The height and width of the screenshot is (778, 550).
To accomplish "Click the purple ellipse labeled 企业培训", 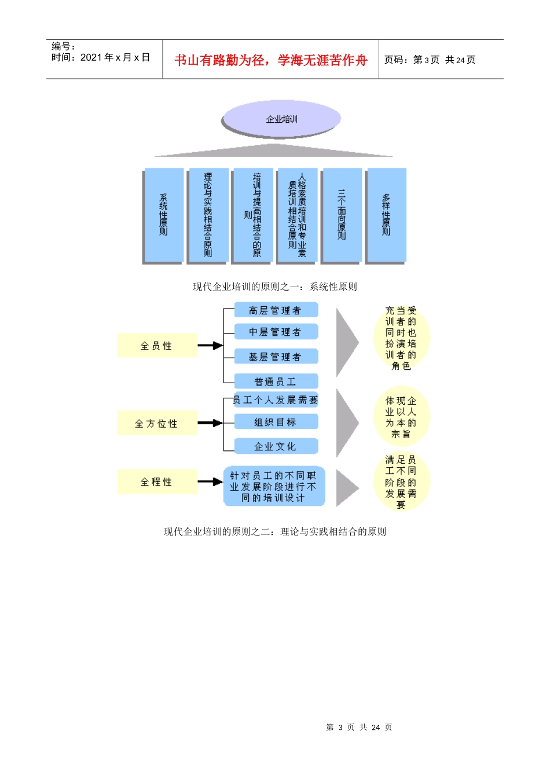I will (281, 119).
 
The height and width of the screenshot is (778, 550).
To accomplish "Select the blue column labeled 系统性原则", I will (163, 215).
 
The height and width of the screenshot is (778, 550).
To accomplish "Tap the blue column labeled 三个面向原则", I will (342, 215).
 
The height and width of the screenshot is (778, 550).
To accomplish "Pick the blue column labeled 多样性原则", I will (386, 215).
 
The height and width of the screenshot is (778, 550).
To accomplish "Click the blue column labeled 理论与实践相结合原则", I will (208, 215).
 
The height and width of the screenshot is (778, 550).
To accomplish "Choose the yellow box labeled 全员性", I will (157, 346).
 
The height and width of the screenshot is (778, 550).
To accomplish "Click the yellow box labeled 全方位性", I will (157, 423).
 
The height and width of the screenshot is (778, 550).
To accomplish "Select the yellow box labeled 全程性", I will (157, 482).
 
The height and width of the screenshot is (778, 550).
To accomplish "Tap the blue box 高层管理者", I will (276, 310).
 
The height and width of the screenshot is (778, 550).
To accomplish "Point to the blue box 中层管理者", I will (276, 332).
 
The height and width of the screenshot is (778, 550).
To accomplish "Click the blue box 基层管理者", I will (276, 357).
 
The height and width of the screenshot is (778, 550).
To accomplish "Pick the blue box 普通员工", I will (276, 381).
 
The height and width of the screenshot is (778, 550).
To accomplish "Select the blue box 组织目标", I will (276, 422).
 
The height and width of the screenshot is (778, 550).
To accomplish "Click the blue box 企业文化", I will (276, 446).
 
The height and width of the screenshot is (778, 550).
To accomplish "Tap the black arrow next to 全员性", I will (210, 346).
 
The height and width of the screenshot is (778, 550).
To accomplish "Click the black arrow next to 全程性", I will (210, 482).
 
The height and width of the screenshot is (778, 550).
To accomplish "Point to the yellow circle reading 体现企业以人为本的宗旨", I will (401, 417).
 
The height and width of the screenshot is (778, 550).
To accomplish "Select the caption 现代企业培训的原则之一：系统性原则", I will (275, 287).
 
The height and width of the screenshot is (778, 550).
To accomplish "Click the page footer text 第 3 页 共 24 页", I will (359, 727).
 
